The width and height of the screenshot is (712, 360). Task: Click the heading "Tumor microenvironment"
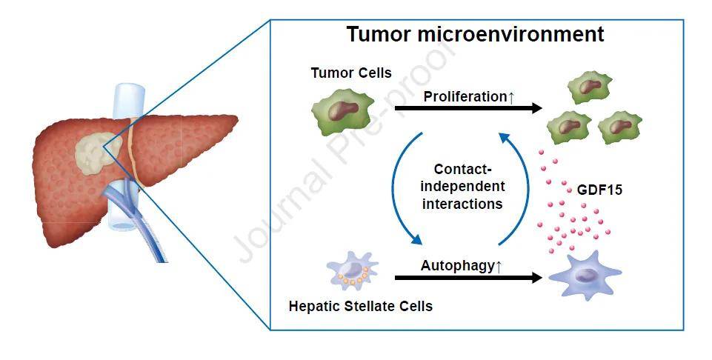475,35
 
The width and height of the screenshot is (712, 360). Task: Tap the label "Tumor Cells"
351,73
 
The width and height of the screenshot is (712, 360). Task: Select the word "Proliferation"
464,97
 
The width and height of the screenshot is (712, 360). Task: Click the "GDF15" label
599,190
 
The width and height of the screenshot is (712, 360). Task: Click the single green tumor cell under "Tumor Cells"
340,111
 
